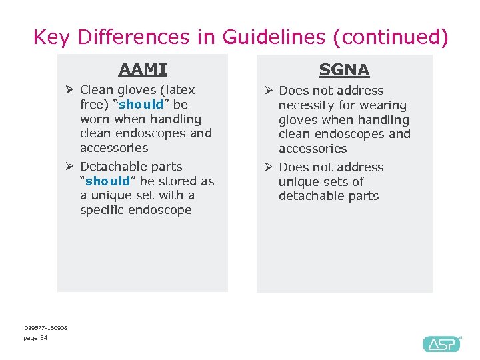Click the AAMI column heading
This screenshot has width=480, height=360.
[x=143, y=69]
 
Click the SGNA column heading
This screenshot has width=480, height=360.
[x=344, y=69]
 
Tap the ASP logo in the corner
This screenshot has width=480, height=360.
[x=441, y=343]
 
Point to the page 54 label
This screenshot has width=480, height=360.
[x=35, y=338]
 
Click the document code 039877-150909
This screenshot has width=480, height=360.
[x=46, y=327]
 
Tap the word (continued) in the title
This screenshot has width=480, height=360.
[x=395, y=37]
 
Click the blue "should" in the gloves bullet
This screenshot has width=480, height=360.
[x=141, y=105]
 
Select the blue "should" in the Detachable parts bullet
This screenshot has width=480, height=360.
[x=108, y=181]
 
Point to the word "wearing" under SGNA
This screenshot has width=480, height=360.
[x=385, y=105]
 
